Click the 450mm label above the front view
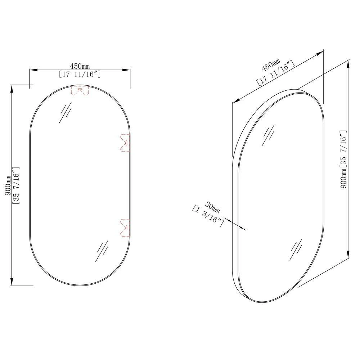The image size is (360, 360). (x=80, y=66)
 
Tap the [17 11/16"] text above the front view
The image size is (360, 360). (x=80, y=75)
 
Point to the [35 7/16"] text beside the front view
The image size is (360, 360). (x=16, y=185)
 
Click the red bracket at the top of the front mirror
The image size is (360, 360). (x=80, y=90)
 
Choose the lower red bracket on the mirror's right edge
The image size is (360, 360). (x=125, y=228)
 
